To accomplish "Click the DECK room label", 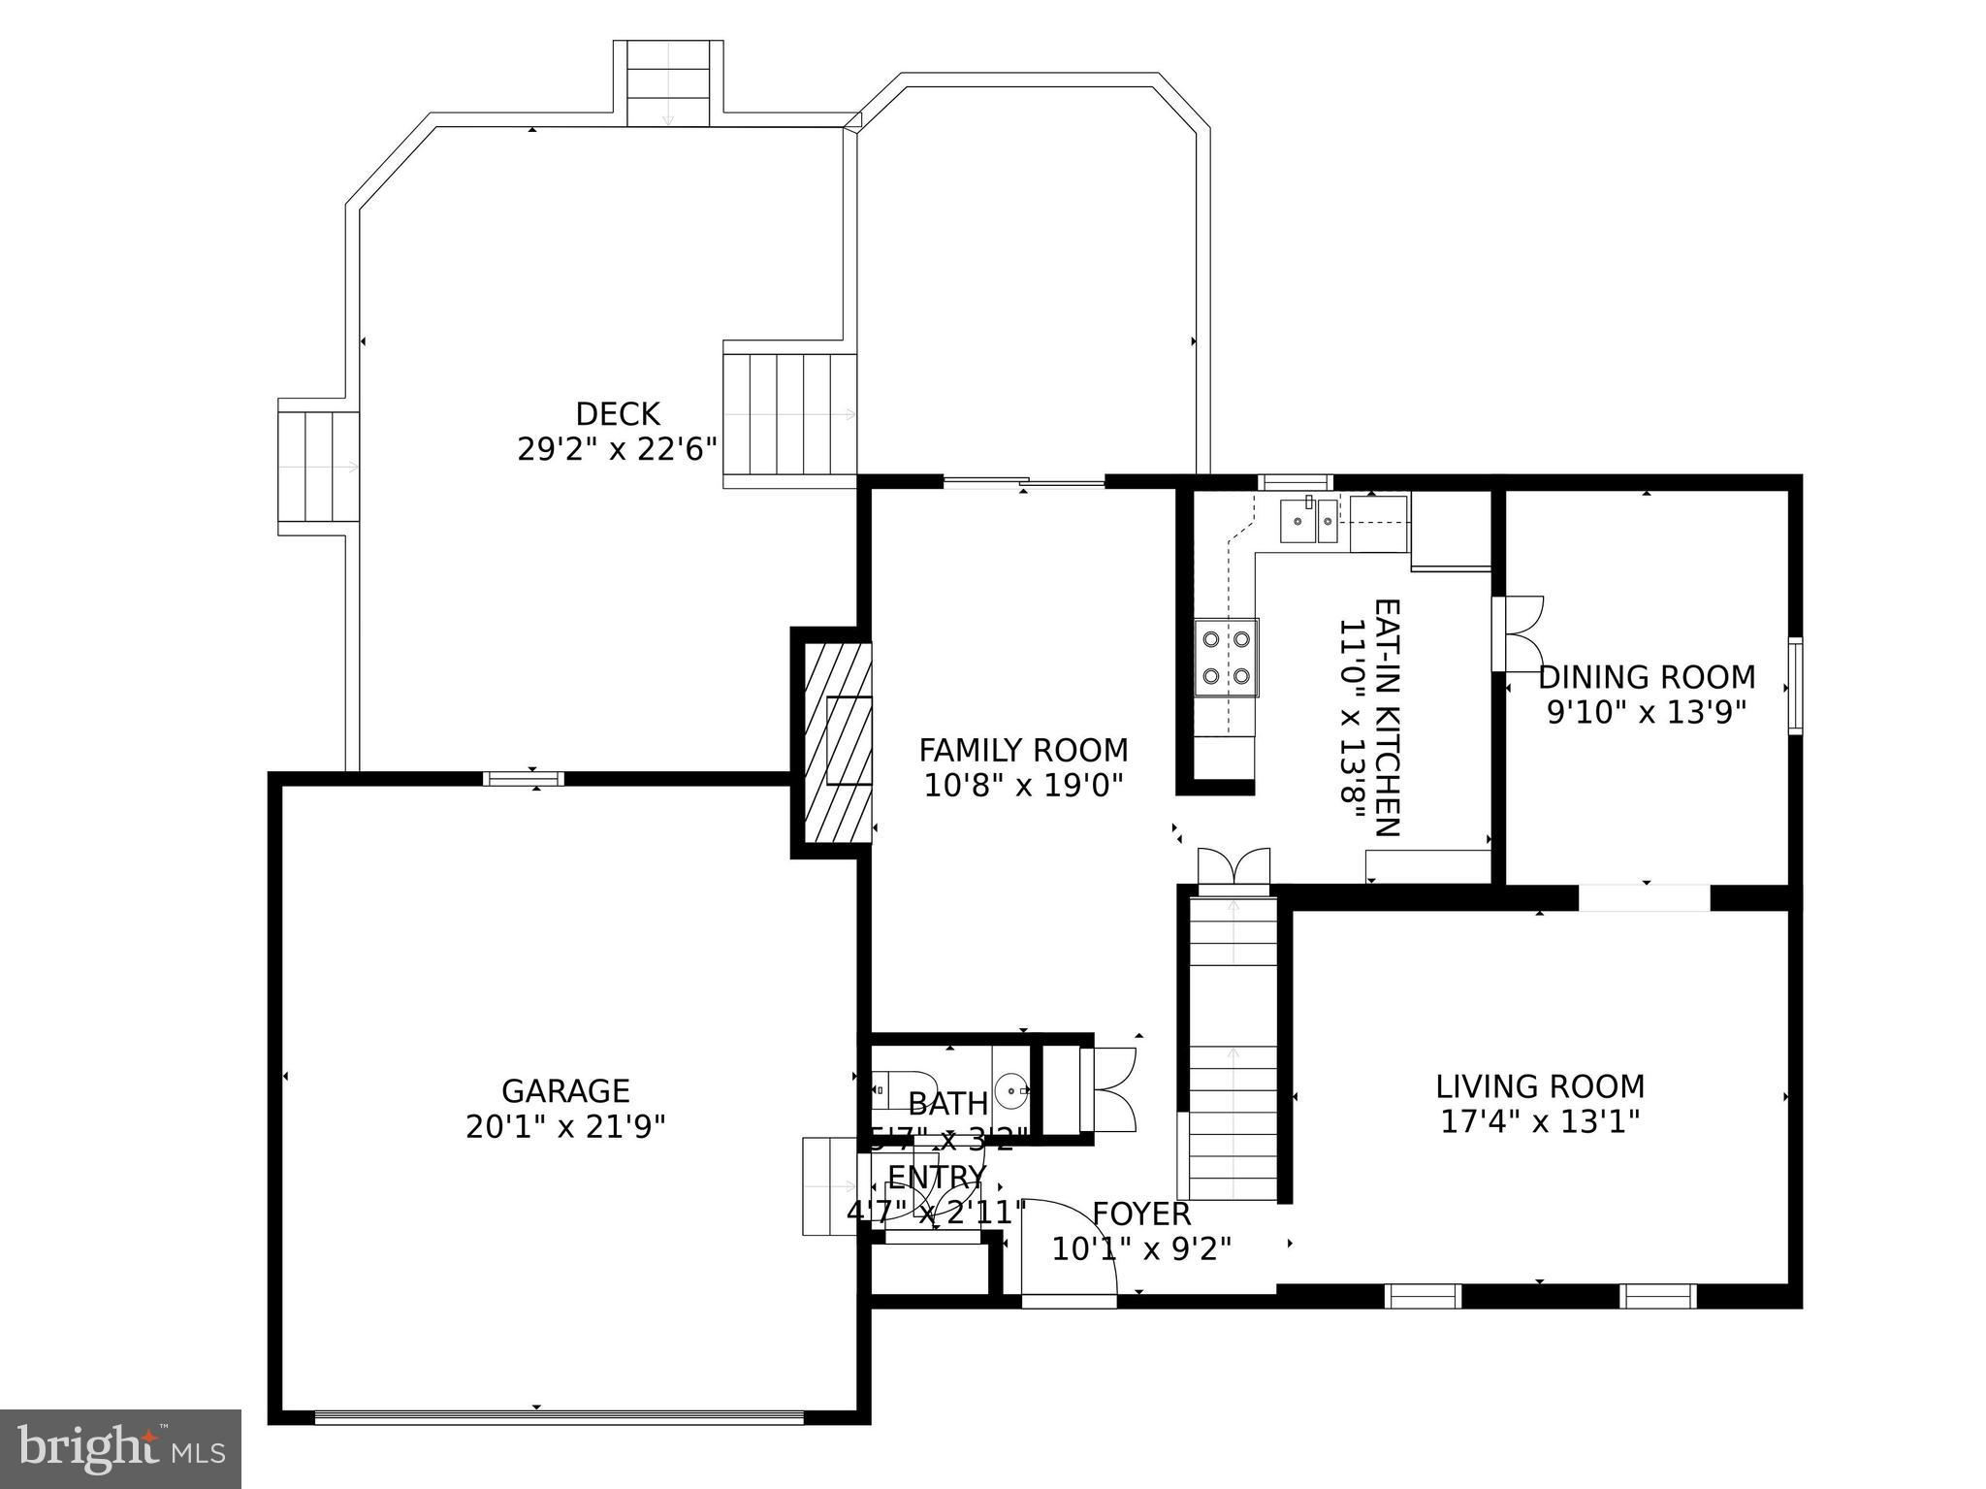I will [618, 414].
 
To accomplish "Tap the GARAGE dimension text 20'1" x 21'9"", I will [565, 1127].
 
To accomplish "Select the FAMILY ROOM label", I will [1023, 751].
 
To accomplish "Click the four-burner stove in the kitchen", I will [1227, 658].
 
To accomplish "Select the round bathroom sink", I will [1012, 1091].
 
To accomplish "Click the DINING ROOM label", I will [1647, 677].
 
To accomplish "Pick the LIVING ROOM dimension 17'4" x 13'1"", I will [1540, 1122].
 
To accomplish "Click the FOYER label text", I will [1141, 1214].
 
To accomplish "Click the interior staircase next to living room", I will [1233, 1048].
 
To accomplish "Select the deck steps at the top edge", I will [668, 84].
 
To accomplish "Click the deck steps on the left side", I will [318, 467].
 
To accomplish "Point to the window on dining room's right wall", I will [1795, 686].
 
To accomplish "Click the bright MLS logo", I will [120, 1449].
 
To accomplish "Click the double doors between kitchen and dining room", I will [1518, 633].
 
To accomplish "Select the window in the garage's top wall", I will [524, 778].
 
